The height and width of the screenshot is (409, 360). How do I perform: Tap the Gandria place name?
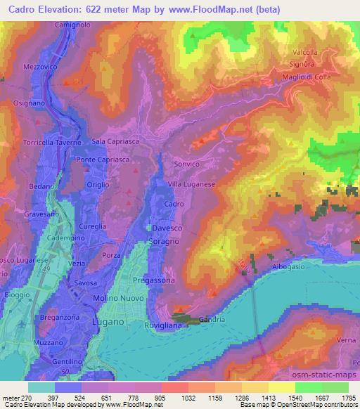point(212,320)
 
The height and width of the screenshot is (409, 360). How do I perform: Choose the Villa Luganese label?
point(190,183)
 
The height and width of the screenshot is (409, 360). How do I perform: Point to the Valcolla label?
point(304,52)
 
